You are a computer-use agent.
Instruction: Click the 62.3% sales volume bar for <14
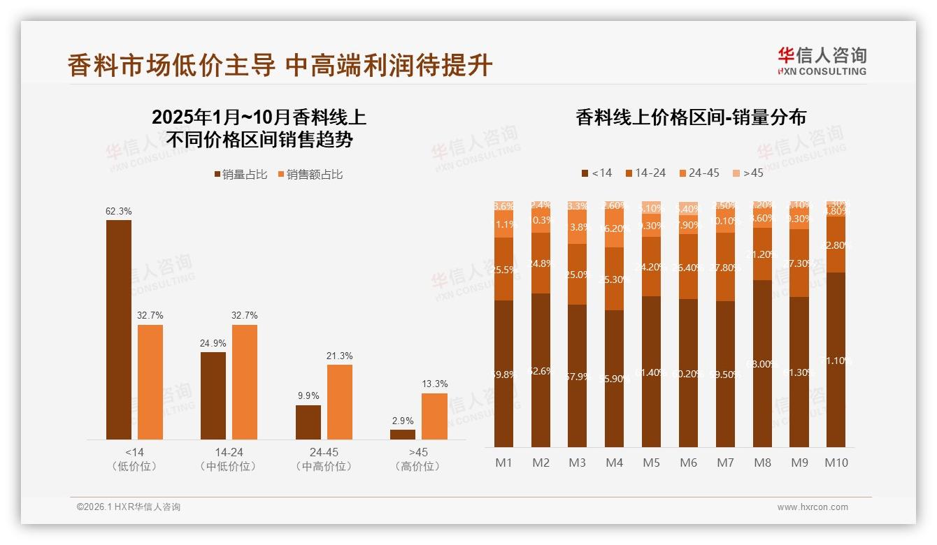coord(119,330)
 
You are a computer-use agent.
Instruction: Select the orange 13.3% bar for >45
coord(434,416)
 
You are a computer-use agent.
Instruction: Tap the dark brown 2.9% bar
coord(403,435)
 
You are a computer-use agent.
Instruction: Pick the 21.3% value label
coord(339,356)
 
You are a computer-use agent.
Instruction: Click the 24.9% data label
coord(213,343)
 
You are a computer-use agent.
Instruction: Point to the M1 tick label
coord(504,463)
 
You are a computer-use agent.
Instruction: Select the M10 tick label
coord(836,463)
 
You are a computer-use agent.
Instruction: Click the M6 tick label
coord(688,463)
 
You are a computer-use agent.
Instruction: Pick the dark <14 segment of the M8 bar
coord(763,363)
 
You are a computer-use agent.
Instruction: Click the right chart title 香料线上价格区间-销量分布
coord(690,117)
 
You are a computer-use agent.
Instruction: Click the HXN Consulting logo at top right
coord(822,61)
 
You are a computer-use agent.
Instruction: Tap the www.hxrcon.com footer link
coord(813,507)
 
